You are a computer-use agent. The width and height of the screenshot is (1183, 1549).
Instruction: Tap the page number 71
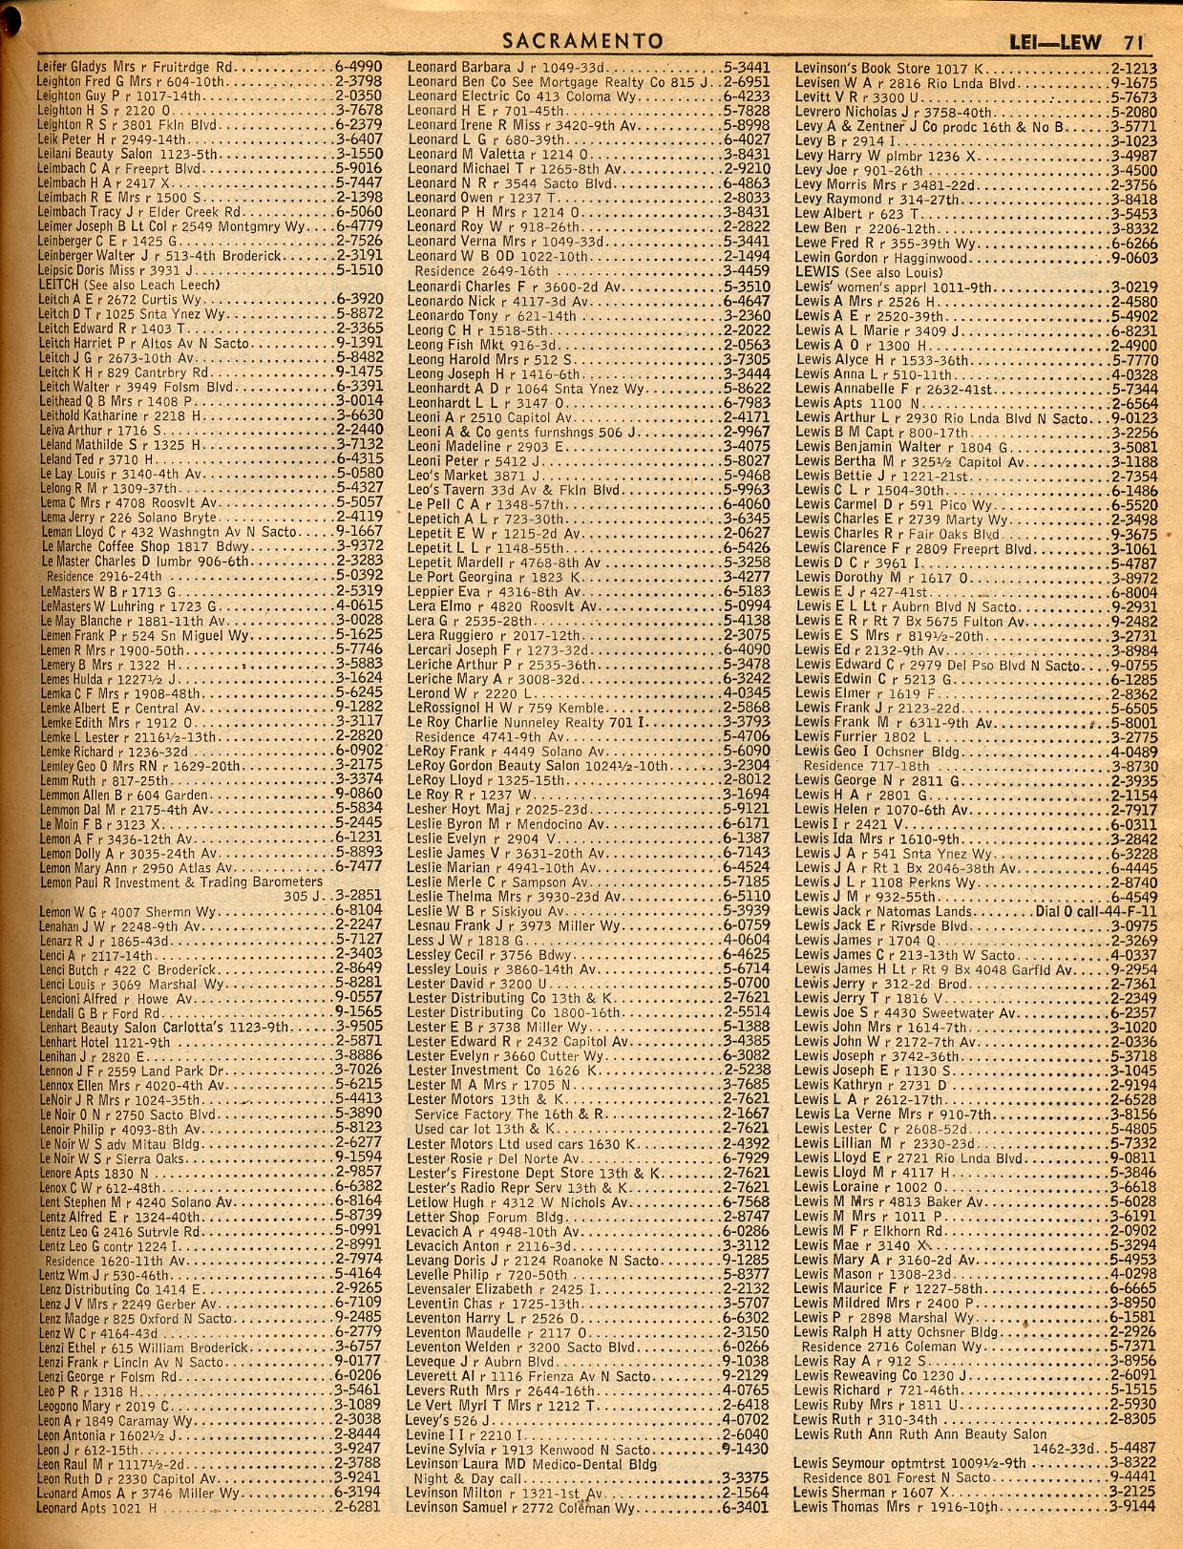tap(1133, 41)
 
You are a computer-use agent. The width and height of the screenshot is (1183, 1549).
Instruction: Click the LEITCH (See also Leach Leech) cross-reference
tap(129, 285)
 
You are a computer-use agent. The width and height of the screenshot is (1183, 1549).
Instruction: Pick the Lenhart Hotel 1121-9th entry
tap(105, 1042)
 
